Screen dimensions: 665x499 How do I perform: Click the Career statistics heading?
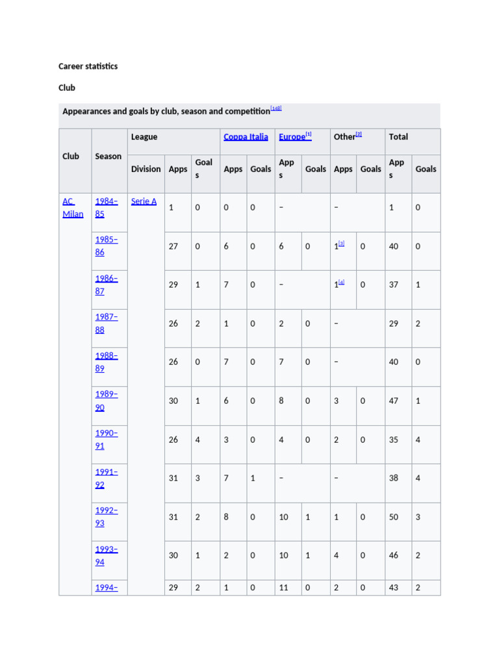click(88, 66)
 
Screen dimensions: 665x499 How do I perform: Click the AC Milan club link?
click(73, 208)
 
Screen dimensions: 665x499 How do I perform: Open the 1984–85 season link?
click(107, 208)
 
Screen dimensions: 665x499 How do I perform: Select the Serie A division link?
click(144, 201)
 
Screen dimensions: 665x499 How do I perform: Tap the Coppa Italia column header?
click(246, 137)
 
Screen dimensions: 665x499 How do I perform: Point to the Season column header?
click(108, 157)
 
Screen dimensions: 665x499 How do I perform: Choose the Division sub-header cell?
click(146, 169)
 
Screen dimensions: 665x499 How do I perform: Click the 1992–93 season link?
click(107, 516)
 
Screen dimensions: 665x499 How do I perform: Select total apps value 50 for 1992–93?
click(394, 517)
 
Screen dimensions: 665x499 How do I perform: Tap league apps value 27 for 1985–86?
click(173, 247)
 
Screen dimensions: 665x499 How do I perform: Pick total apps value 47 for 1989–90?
click(394, 401)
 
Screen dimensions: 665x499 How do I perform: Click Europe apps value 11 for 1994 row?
click(284, 588)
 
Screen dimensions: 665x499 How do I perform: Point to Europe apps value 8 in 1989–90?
click(281, 401)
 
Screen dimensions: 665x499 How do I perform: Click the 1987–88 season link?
click(107, 323)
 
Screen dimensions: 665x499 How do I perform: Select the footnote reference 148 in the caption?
click(276, 108)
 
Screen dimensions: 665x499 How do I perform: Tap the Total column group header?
click(398, 137)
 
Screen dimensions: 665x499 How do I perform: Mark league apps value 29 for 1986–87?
click(173, 285)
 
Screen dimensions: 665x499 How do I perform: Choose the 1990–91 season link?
click(107, 440)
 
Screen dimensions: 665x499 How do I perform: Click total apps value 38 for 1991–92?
click(394, 479)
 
